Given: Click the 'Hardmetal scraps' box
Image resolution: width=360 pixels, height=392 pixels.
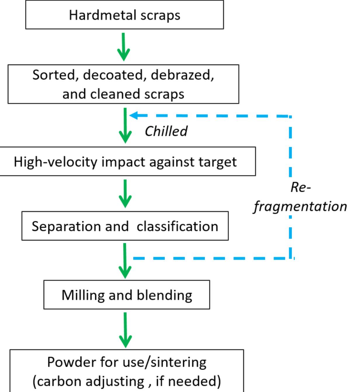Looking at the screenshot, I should [x=124, y=15].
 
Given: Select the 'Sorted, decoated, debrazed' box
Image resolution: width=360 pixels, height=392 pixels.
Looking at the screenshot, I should [x=123, y=84].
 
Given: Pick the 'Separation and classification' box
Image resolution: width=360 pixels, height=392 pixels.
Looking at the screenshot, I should [x=125, y=226].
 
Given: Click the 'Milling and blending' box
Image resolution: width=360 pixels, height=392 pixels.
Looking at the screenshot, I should [x=127, y=295].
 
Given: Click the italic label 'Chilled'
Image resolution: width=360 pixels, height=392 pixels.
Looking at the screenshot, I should [x=166, y=131].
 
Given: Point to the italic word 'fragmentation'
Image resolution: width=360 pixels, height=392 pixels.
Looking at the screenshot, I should [x=300, y=206].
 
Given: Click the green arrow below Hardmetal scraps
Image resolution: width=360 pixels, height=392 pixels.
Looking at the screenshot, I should [x=124, y=46].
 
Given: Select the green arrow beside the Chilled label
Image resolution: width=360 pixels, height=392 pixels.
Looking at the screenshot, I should [x=125, y=126].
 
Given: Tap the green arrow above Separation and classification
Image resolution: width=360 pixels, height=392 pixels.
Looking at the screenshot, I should [x=125, y=194].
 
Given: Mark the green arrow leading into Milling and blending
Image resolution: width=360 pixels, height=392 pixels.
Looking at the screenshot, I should [x=125, y=261].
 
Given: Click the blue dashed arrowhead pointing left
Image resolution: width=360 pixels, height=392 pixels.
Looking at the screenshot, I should [x=134, y=115].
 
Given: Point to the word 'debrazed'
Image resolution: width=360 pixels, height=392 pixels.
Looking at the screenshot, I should [x=182, y=75].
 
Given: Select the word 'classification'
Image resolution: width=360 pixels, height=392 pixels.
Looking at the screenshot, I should [x=177, y=227].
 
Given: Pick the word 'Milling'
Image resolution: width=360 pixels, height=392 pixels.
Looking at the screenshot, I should [x=83, y=295].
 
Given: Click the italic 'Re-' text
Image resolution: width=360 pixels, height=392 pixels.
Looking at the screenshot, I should [x=300, y=187].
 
